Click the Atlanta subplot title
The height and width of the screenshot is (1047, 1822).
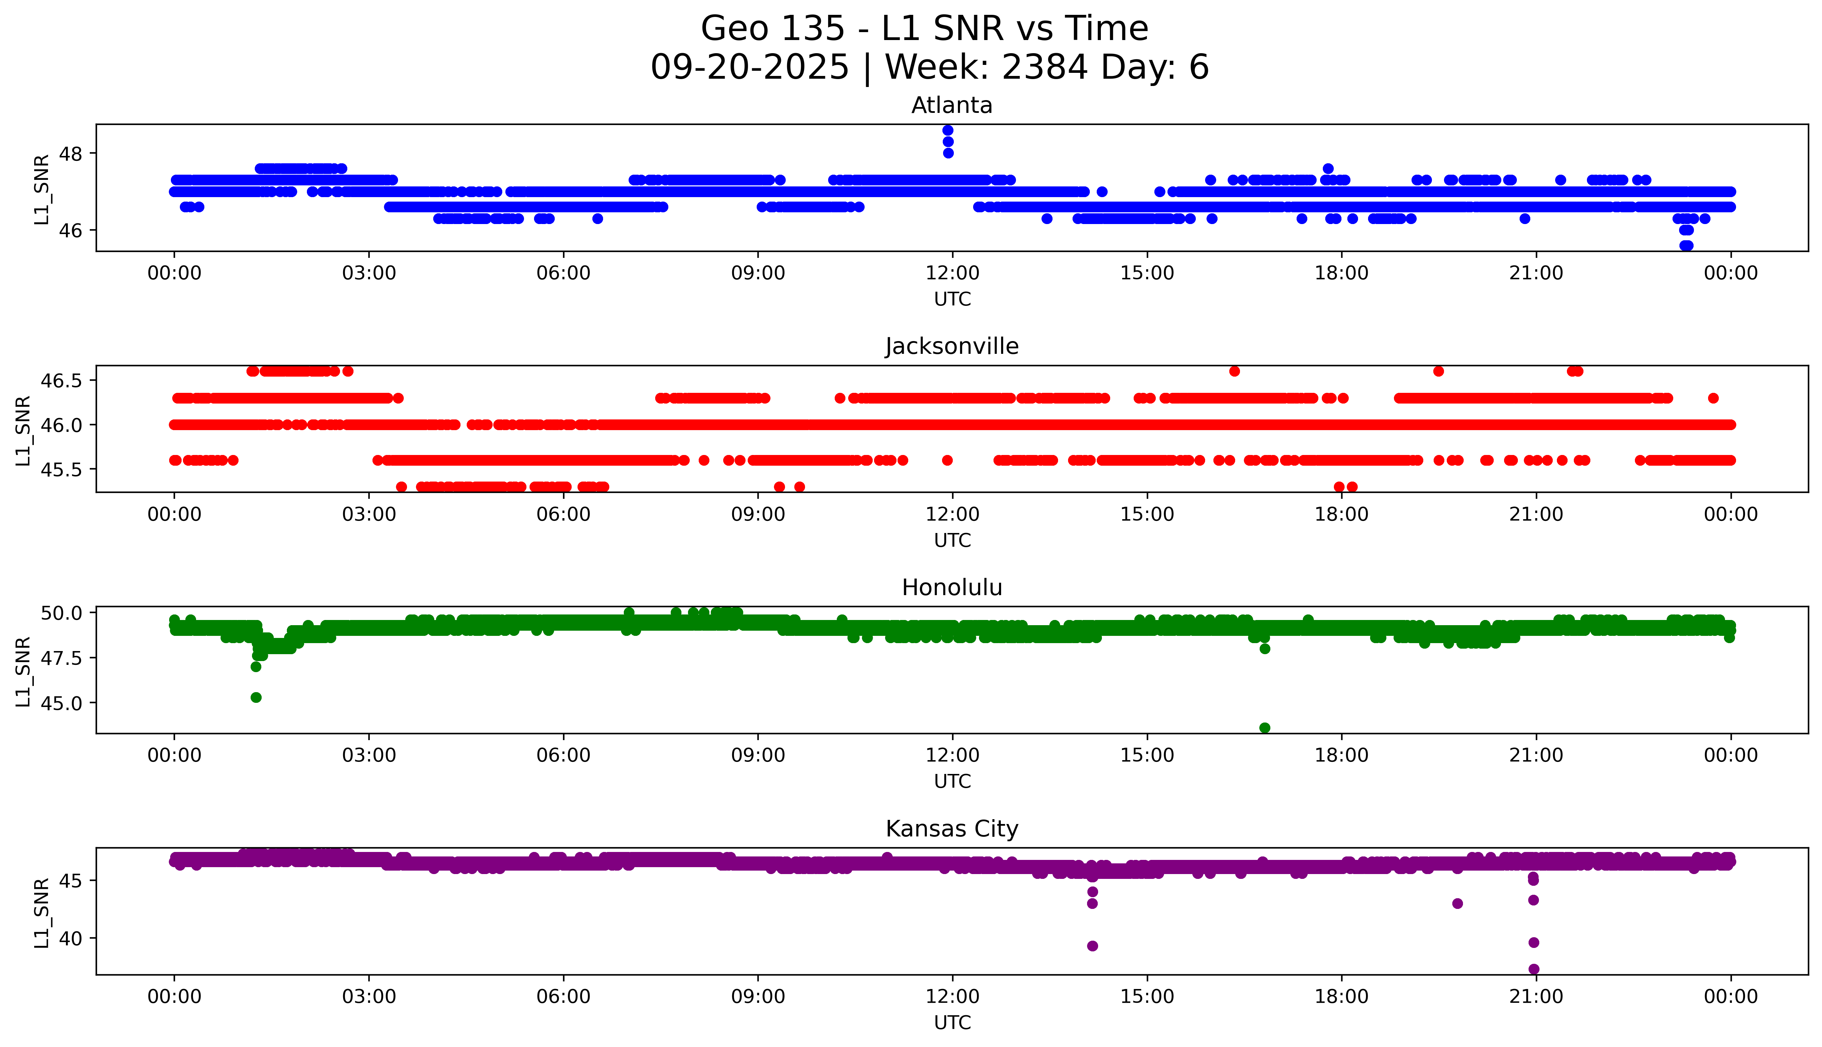(951, 106)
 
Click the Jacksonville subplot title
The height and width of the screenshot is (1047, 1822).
(951, 347)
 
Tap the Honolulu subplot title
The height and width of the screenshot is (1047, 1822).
(951, 588)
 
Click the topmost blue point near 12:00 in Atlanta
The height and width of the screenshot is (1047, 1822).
(948, 130)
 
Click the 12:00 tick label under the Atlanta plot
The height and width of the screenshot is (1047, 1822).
(952, 273)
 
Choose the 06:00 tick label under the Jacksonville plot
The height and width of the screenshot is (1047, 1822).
(563, 514)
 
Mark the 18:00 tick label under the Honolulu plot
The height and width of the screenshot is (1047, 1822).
(1341, 755)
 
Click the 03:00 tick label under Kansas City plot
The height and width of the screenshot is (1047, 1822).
(369, 997)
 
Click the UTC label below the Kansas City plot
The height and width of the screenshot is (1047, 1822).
(952, 1022)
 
